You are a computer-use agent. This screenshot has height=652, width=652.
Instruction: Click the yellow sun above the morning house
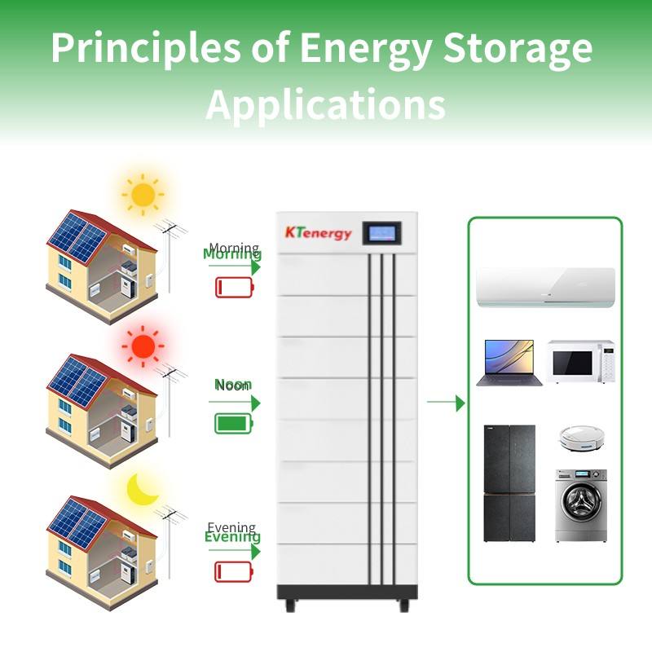click(143, 194)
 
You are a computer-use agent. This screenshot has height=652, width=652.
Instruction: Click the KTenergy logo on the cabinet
click(319, 233)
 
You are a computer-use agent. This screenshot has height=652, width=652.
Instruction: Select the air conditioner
click(545, 288)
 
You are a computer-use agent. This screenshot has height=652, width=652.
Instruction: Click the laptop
click(505, 363)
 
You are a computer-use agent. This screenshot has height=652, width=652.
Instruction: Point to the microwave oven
click(579, 362)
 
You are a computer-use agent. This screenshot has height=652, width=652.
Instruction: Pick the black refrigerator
click(509, 483)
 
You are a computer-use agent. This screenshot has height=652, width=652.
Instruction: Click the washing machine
click(580, 505)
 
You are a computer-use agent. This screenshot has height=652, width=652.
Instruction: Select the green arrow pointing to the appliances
click(446, 402)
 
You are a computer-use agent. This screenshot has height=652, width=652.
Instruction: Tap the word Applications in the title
click(325, 104)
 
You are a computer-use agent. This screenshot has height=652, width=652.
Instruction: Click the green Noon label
click(233, 385)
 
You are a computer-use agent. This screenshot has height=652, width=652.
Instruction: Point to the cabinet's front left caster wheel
click(289, 606)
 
